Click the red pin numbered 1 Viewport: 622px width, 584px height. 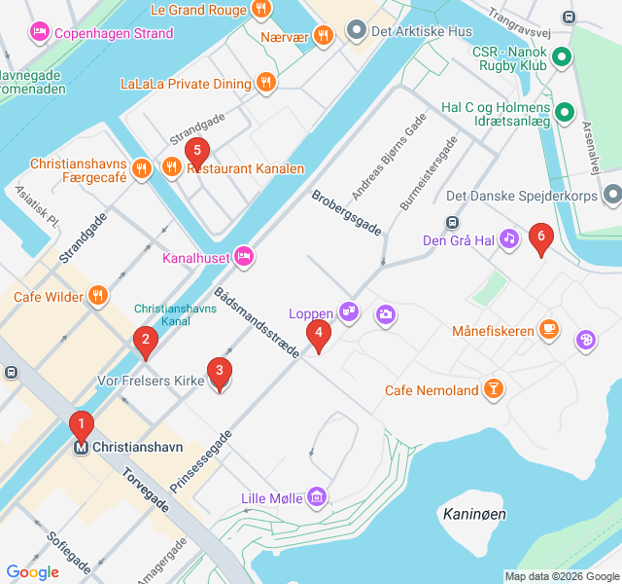coord(82,424)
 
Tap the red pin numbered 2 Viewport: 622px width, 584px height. coord(145,340)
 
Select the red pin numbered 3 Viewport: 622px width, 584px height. coord(220,371)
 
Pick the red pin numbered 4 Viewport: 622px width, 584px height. coord(318,334)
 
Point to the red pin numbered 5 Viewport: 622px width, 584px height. coord(197,151)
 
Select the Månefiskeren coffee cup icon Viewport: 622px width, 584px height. coord(550,331)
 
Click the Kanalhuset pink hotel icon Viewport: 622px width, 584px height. coord(244,257)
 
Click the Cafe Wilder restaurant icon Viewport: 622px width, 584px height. coord(98,296)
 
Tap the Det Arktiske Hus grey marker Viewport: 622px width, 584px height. coord(356,31)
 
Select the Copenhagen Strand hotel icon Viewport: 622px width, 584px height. coord(40,33)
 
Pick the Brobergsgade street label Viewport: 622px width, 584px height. coord(346,212)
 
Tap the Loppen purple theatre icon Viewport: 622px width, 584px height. coord(350,313)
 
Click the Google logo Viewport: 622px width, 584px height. coord(32,572)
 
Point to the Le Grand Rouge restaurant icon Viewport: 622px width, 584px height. coord(260,10)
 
